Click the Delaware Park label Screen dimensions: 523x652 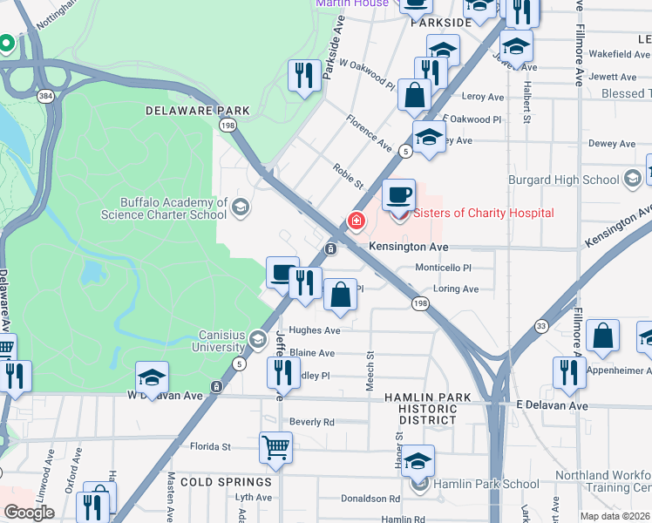(x=197, y=111)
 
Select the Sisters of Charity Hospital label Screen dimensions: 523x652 (x=483, y=213)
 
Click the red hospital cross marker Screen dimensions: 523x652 (x=356, y=221)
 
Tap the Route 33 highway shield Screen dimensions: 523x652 (x=540, y=326)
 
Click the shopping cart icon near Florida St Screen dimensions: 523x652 (x=275, y=448)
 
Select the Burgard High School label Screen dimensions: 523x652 (x=563, y=180)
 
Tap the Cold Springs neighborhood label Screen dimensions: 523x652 (x=228, y=482)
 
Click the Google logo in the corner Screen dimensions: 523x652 (x=29, y=513)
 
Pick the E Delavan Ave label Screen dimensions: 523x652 (x=552, y=405)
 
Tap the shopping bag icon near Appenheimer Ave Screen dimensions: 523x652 (x=602, y=336)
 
